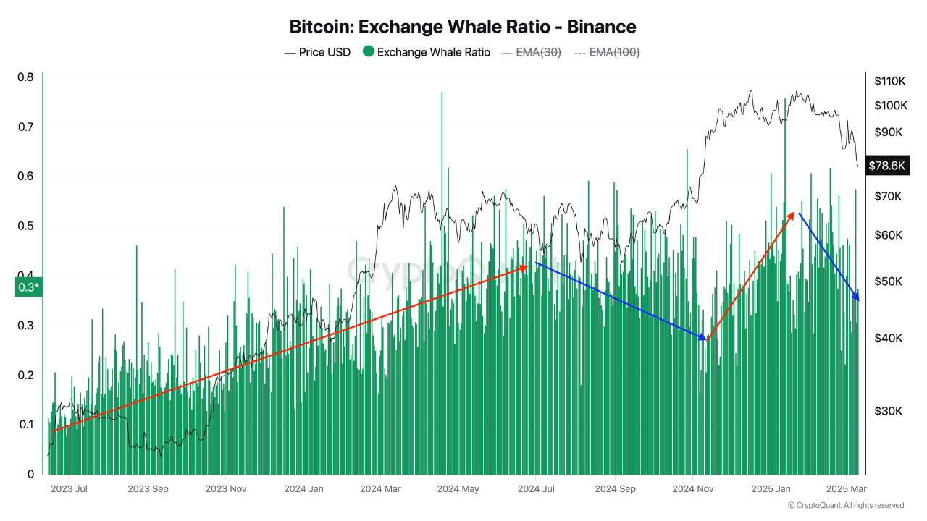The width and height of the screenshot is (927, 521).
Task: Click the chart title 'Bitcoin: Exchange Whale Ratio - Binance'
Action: (x=463, y=27)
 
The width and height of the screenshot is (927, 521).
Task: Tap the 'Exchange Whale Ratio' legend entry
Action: (x=427, y=52)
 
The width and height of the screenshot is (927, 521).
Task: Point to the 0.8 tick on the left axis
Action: (x=25, y=77)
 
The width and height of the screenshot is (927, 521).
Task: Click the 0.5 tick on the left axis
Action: (x=25, y=226)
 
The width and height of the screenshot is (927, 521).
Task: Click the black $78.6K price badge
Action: (x=887, y=166)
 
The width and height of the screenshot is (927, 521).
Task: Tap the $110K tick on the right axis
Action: (x=890, y=81)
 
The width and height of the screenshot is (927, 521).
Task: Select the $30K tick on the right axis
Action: (x=888, y=411)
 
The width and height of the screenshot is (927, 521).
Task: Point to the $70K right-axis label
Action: (x=888, y=196)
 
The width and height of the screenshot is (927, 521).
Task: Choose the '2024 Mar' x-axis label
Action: (x=382, y=489)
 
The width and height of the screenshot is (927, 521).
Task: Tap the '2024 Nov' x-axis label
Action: (x=693, y=489)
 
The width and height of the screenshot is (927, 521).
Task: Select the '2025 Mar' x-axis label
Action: (x=847, y=489)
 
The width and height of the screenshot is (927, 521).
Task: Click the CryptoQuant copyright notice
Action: (x=846, y=505)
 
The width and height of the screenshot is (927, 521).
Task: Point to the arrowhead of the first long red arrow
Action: (x=526, y=268)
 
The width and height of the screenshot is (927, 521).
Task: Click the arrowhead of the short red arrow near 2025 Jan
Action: (x=792, y=214)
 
